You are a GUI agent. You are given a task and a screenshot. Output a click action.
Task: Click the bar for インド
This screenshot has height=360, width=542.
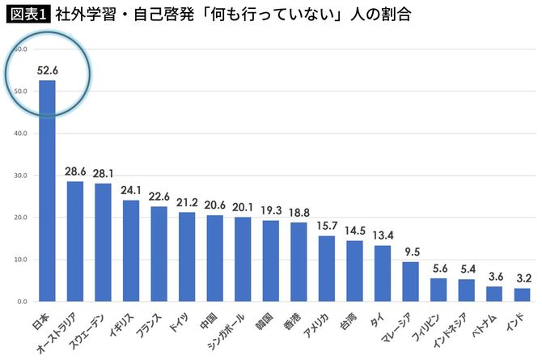click(523, 294)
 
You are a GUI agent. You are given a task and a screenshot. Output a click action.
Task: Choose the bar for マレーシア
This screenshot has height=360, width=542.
click(411, 282)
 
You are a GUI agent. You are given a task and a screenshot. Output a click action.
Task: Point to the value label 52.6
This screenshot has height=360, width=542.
click(47, 71)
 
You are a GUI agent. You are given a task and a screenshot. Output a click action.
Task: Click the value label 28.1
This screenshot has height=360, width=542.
click(103, 172)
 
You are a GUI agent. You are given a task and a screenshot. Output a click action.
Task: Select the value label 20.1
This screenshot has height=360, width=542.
click(243, 206)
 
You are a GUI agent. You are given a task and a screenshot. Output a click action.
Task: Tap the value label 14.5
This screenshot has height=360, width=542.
click(354, 231)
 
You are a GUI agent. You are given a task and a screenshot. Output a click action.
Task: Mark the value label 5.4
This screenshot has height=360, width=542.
click(467, 269)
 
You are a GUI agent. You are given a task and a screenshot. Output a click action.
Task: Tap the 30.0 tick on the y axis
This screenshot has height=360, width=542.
click(20, 176)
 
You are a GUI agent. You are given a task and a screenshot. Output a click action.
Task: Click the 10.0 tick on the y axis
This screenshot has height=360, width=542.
click(20, 260)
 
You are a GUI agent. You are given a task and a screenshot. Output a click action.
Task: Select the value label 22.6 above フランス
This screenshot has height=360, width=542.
click(159, 195)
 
